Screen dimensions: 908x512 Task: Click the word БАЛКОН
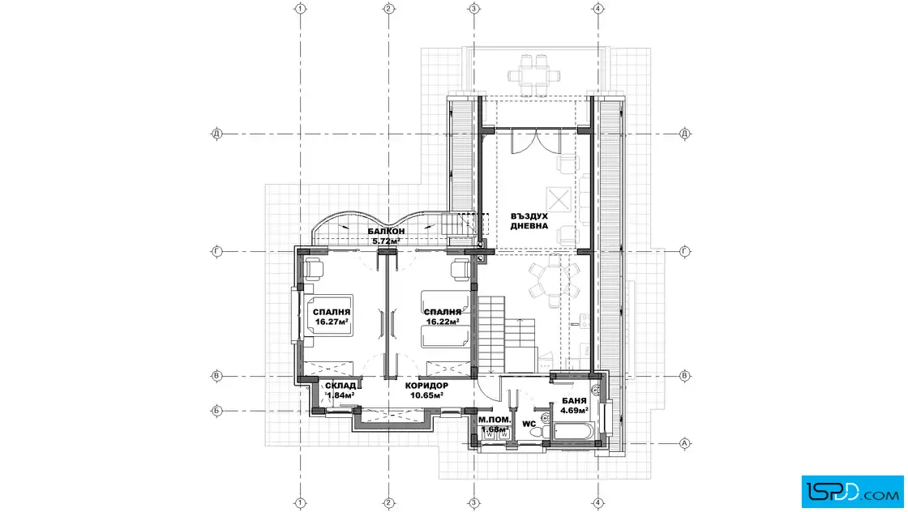tap(386, 232)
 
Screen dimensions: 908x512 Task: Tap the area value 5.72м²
tap(386, 241)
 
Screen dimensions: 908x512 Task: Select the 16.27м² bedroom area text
tap(332, 322)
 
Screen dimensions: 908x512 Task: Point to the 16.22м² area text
tap(443, 322)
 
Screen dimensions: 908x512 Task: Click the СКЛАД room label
tap(340, 386)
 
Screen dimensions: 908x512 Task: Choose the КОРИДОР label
tap(426, 386)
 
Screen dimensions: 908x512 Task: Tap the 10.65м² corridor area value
tap(426, 395)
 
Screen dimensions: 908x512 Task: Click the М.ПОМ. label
tap(495, 420)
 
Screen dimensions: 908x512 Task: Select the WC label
tap(529, 424)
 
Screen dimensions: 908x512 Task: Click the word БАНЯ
tap(575, 401)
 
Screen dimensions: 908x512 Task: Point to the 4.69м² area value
tap(575, 410)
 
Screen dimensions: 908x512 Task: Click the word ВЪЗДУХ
tap(529, 216)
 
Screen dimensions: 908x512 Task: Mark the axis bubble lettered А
tap(684, 444)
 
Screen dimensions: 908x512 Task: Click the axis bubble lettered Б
tap(216, 412)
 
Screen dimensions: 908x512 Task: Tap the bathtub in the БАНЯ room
tap(574, 432)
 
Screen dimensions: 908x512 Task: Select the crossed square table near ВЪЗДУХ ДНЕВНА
tap(559, 199)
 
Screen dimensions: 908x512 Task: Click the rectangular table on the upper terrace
tap(534, 75)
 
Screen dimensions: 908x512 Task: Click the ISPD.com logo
tap(852, 492)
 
